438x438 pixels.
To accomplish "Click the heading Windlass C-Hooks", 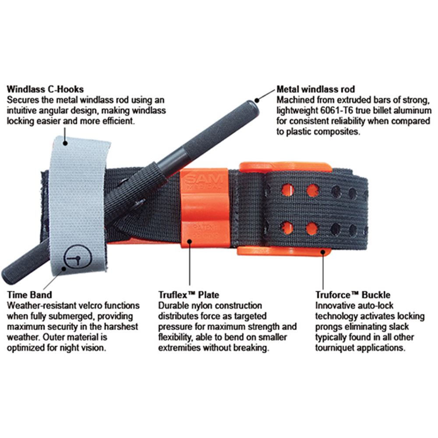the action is click(45, 89).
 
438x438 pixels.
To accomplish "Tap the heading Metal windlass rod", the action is click(316, 89).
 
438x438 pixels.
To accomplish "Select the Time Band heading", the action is click(30, 295).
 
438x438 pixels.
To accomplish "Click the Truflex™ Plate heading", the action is click(188, 295).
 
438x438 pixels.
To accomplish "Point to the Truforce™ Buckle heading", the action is click(353, 295).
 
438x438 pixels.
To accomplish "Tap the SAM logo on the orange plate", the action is click(204, 179).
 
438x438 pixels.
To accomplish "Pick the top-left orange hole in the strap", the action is click(288, 190).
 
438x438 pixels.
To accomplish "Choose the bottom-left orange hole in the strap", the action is click(287, 228).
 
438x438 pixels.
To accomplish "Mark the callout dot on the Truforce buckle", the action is click(323, 252).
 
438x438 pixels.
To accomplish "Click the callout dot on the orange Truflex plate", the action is click(190, 241).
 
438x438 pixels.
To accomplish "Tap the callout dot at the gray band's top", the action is click(65, 143).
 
